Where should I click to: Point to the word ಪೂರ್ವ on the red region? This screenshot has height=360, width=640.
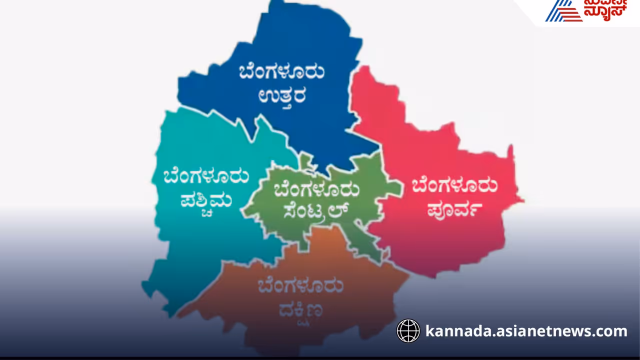(454, 209)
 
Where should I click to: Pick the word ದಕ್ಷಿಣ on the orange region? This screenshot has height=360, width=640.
(300, 310)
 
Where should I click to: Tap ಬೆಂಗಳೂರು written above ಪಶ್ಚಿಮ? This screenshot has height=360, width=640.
(206, 176)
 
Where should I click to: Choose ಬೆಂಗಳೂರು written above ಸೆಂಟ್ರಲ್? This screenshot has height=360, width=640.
(316, 189)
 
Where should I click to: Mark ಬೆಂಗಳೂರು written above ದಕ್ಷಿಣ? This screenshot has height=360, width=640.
(300, 286)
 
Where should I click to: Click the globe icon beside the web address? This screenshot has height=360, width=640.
(408, 331)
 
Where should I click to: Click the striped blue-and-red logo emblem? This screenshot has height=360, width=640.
(564, 10)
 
